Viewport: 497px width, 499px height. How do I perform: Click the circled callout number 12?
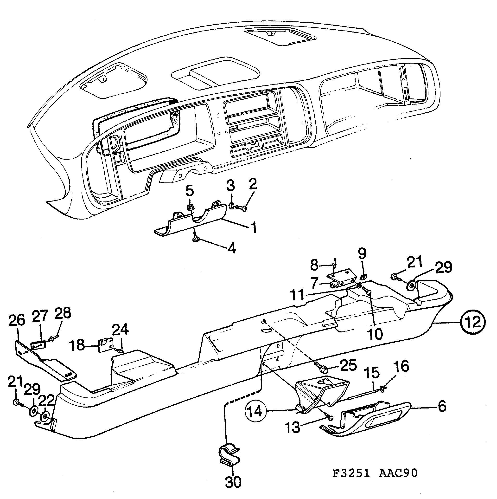pyautogui.click(x=473, y=322)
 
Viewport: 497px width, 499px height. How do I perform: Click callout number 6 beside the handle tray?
pyautogui.click(x=442, y=406)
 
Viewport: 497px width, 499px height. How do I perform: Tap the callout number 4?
pyautogui.click(x=232, y=248)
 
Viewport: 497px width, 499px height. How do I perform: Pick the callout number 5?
pyautogui.click(x=190, y=191)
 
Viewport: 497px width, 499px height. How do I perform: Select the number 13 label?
pyautogui.click(x=293, y=427)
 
